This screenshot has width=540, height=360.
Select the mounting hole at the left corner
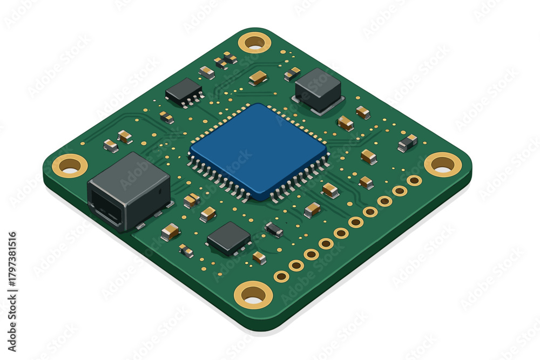click(x=70, y=166)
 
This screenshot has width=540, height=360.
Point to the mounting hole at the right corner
click(x=443, y=165)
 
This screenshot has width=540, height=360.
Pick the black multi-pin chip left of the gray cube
click(x=184, y=92)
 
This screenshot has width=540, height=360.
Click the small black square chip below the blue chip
click(x=228, y=238)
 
